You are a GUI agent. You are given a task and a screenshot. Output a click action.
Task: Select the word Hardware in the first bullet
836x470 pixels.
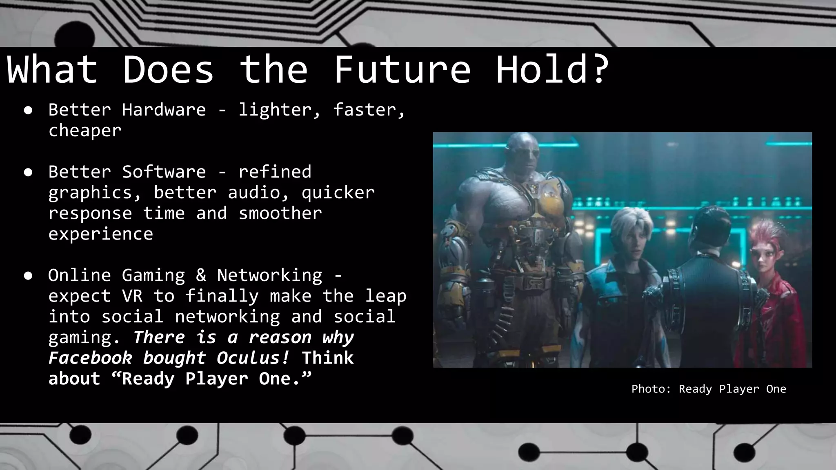[164, 110]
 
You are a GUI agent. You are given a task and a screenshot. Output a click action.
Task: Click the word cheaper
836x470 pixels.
[85, 131]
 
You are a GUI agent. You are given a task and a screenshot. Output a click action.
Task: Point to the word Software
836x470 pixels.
[164, 172]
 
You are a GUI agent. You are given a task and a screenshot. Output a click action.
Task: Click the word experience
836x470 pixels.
[100, 234]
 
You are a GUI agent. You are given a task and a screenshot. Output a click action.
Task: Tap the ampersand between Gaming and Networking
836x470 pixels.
[201, 275]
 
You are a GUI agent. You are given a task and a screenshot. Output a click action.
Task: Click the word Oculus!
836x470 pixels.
[253, 358]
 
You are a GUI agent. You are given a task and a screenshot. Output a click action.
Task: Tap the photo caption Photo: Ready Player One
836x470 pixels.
[709, 389]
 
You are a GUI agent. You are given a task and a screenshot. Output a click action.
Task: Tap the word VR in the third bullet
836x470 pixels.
[132, 296]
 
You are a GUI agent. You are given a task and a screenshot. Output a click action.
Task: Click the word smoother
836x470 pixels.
[280, 213]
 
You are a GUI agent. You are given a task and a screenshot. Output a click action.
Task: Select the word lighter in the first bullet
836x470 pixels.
[275, 110]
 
